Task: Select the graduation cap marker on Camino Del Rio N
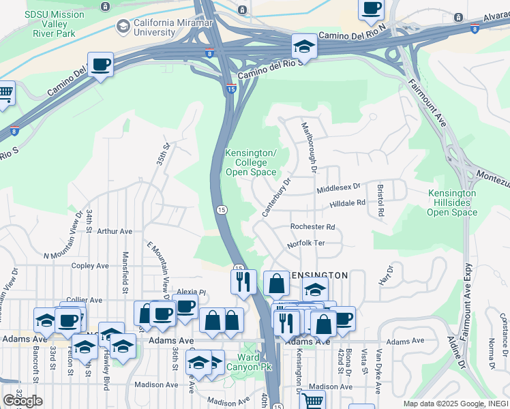coord(304,47)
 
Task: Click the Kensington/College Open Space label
coord(251,162)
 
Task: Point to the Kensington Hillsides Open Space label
coord(452,203)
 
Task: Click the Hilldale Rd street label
coord(348,204)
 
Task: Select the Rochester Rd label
coord(313,227)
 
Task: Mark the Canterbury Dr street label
coord(277,198)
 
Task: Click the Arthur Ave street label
coord(114,232)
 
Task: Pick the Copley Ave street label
coord(90,266)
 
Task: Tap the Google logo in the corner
coord(22,401)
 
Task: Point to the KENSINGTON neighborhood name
coord(318,275)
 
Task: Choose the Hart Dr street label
coord(386,275)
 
